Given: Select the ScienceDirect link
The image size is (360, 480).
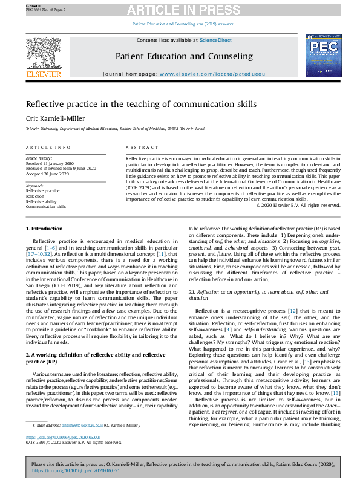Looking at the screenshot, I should click(216, 40).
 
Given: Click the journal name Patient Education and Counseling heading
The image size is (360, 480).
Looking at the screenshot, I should click(184, 56).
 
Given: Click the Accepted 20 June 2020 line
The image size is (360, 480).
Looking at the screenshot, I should click(50, 174).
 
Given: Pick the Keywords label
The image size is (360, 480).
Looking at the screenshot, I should click(34, 186).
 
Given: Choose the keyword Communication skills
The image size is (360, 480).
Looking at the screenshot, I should click(46, 206).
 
